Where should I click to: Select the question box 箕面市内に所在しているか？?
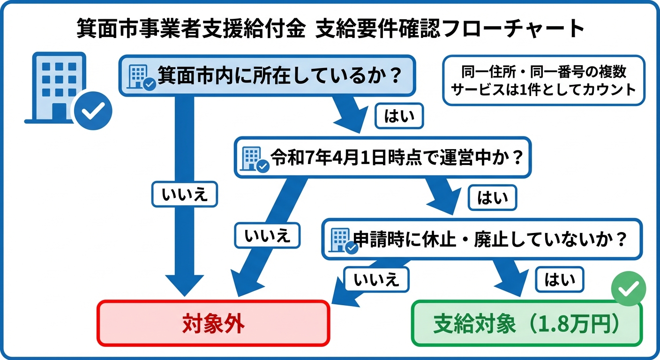click(x=267, y=76)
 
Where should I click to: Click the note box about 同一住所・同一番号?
click(x=544, y=80)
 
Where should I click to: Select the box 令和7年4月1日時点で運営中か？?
click(x=382, y=157)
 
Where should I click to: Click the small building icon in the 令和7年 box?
click(x=254, y=158)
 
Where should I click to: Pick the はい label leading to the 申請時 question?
click(x=492, y=198)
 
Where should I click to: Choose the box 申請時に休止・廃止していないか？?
click(x=481, y=239)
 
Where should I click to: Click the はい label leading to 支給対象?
click(x=559, y=280)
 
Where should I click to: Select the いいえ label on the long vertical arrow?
click(x=184, y=195)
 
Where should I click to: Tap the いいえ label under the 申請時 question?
click(x=376, y=280)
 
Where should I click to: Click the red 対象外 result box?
click(x=213, y=323)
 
